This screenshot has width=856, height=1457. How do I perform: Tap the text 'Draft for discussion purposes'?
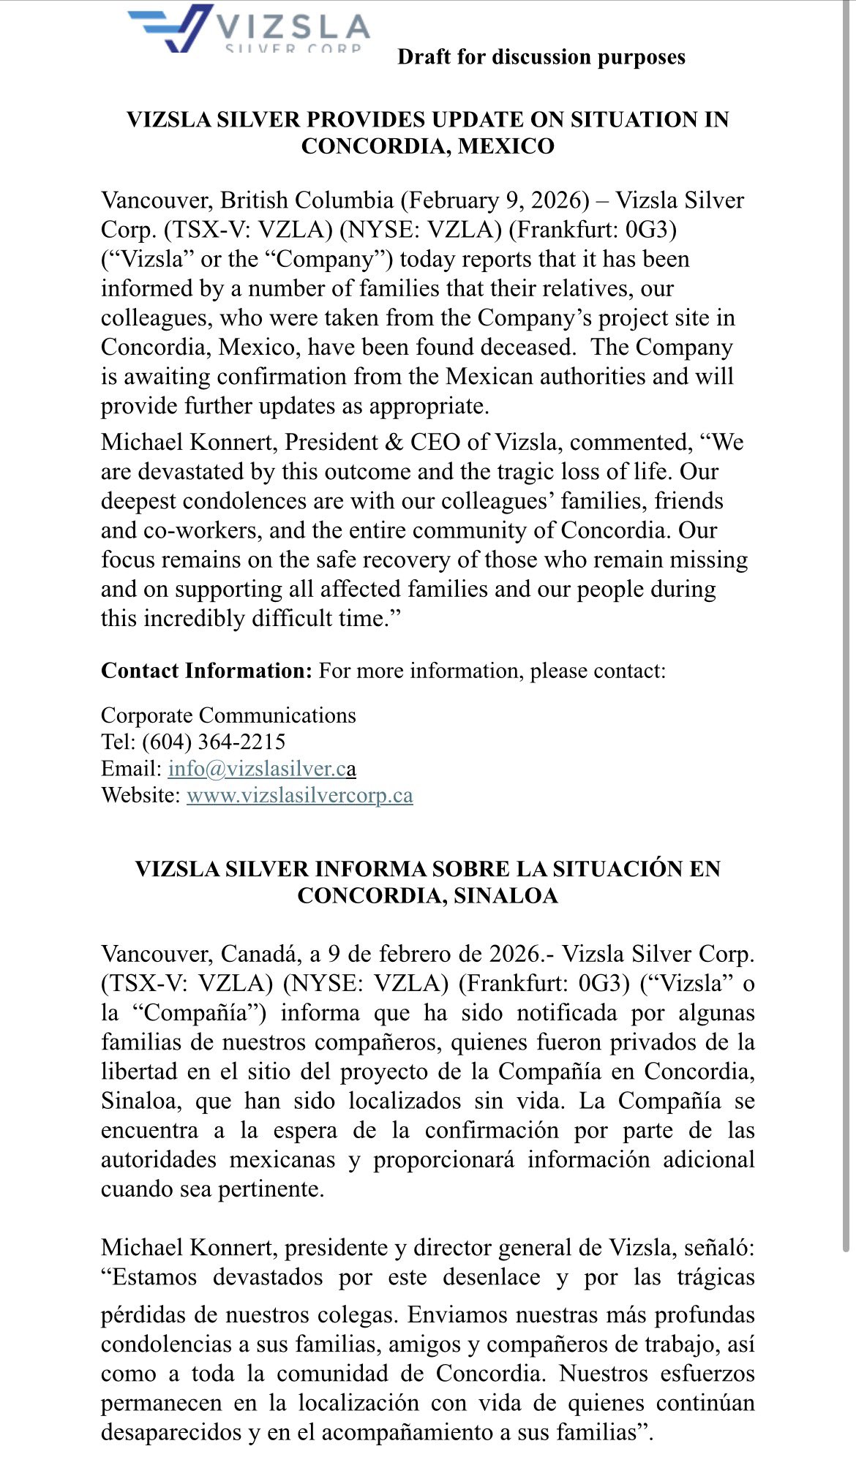[541, 57]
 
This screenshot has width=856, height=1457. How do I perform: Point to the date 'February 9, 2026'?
[495, 200]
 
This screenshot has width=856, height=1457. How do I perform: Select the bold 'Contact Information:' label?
[206, 671]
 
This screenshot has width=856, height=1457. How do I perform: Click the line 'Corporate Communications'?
[228, 715]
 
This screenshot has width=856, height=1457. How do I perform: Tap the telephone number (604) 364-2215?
[214, 742]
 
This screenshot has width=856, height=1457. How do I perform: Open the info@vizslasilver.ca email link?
[262, 769]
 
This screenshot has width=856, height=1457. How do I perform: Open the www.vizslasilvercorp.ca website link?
[300, 795]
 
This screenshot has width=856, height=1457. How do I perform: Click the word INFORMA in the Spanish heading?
[370, 869]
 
